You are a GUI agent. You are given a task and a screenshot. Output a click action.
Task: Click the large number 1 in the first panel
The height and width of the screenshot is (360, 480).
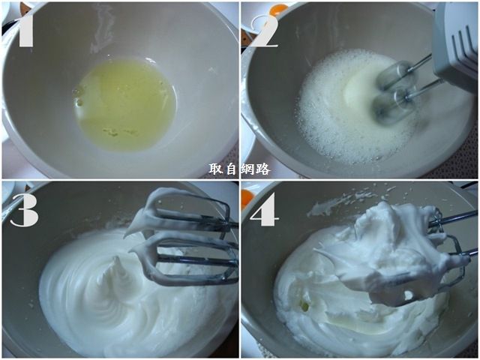[x=25, y=29]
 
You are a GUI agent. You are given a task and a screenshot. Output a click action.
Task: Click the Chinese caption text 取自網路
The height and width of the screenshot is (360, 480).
[x=240, y=169]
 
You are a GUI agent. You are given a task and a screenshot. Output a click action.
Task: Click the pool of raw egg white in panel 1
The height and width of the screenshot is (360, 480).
[x=125, y=105]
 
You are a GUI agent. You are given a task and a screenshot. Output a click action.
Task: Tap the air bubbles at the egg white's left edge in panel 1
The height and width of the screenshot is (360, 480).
[x=79, y=95]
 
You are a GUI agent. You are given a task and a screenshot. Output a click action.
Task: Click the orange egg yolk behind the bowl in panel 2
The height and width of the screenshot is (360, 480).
[x=278, y=7]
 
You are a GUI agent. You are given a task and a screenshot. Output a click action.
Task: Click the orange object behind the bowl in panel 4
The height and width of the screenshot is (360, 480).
[x=247, y=197]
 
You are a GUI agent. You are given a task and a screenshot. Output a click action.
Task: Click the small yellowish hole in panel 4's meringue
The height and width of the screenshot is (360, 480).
[x=305, y=305]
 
